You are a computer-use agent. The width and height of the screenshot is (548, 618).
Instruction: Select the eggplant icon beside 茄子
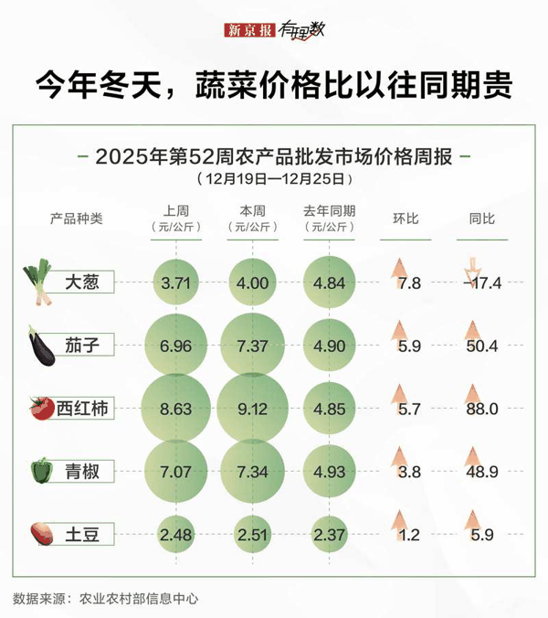point(40,345)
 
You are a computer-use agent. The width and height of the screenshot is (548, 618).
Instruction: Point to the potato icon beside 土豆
point(41,532)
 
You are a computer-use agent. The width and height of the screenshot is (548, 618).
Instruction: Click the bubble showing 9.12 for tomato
point(253,409)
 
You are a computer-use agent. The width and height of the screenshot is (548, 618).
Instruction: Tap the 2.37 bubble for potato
point(330,534)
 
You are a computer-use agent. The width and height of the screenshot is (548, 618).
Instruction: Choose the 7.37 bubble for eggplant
point(253,346)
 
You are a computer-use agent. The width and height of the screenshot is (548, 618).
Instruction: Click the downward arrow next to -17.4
point(471,272)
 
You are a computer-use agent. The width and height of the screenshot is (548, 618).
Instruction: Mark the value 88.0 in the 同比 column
point(482,410)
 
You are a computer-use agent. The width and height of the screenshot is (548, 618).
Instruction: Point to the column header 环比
point(406,218)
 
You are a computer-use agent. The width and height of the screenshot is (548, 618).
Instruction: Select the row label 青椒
point(88,472)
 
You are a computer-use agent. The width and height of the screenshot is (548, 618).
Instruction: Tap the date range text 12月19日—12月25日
point(273,176)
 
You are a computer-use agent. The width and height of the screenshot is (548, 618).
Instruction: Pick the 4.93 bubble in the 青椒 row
point(330,472)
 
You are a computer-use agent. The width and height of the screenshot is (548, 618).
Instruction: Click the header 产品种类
point(77,218)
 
